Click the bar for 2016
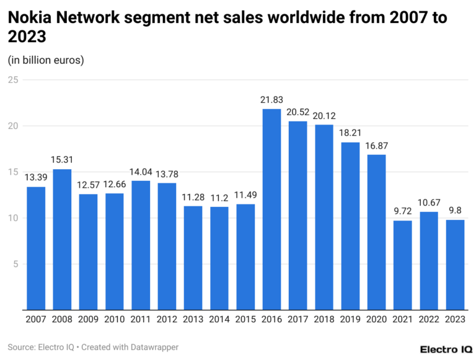271,209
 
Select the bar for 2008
62,239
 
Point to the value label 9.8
456,211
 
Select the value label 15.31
62,160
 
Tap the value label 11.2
219,198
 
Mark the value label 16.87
377,146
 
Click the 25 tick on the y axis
12,80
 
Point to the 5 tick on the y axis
15,264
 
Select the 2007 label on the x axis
36,319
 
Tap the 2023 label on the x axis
456,319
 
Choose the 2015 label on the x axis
245,319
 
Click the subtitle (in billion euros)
46,60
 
